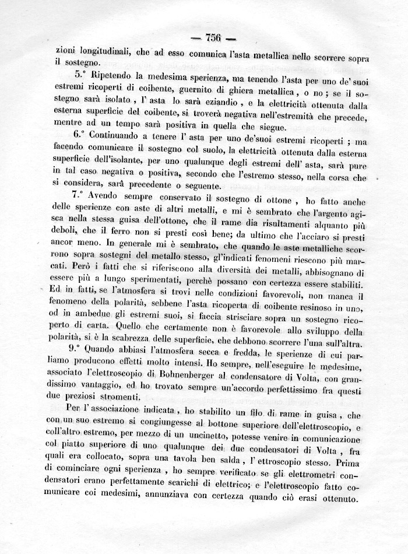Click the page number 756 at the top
click(205, 38)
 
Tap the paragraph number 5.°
click(82, 76)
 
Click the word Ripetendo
click(118, 76)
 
